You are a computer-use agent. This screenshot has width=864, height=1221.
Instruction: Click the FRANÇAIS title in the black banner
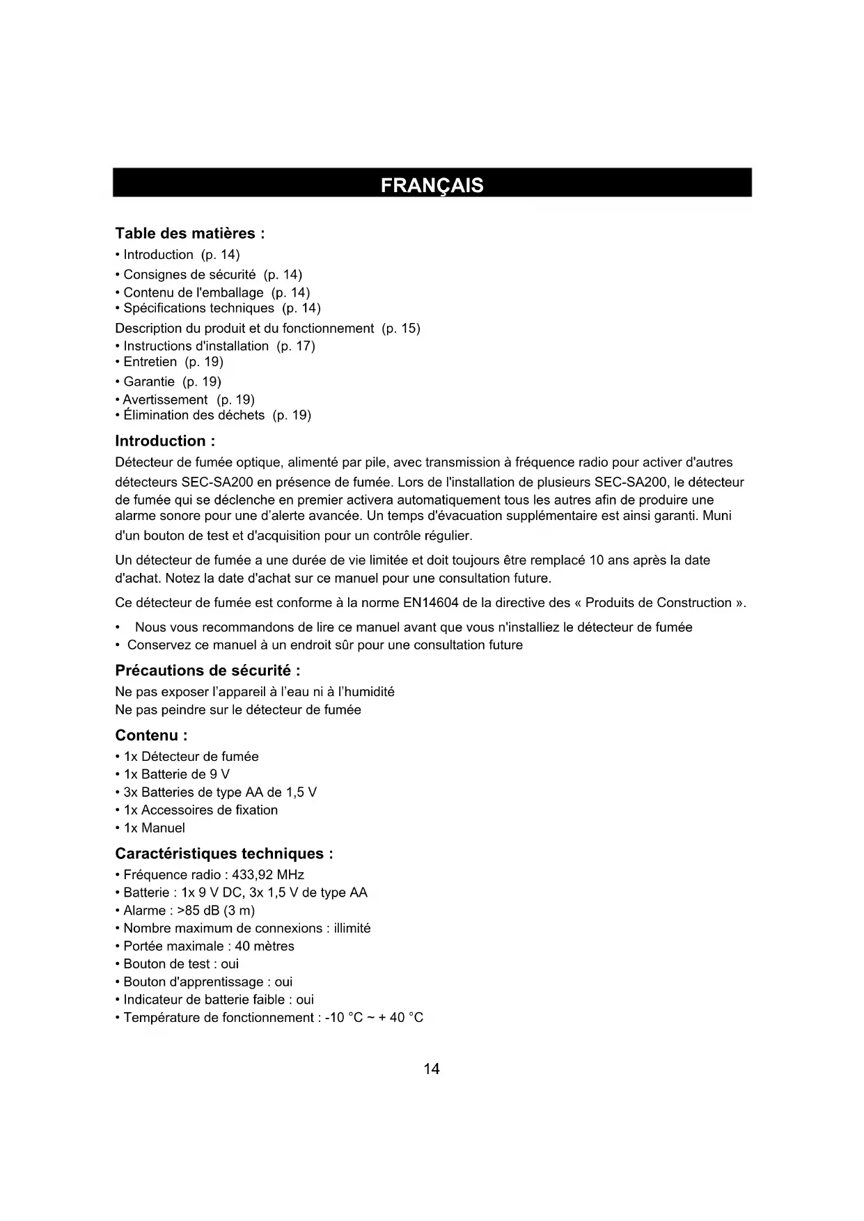432,185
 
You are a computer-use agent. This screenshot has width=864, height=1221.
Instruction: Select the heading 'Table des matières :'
189,233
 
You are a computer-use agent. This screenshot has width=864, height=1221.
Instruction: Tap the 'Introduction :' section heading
165,441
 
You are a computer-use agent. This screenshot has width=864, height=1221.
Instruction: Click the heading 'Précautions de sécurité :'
207,670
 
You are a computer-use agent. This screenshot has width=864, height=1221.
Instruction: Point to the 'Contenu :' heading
151,735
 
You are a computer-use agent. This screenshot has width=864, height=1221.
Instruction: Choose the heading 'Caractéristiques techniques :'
223,853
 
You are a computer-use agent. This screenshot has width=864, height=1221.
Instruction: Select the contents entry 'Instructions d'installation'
196,346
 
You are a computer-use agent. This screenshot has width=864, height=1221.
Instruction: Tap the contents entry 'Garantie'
149,381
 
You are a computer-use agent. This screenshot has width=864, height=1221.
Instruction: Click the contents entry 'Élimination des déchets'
194,416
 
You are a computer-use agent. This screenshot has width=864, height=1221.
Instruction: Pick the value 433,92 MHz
267,875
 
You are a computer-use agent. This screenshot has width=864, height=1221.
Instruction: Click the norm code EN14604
430,603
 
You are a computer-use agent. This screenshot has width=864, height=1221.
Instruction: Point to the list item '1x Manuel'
154,828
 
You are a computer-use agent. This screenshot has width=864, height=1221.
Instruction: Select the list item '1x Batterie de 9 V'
176,774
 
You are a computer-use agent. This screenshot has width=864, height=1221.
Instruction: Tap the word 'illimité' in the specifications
352,929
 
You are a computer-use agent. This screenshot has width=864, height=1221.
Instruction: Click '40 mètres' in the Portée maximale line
265,946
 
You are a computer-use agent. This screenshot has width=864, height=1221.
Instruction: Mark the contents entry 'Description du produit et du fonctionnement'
244,328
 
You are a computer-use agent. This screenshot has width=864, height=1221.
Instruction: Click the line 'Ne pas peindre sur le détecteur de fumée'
238,710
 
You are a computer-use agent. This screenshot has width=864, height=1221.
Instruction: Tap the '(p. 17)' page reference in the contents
296,346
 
